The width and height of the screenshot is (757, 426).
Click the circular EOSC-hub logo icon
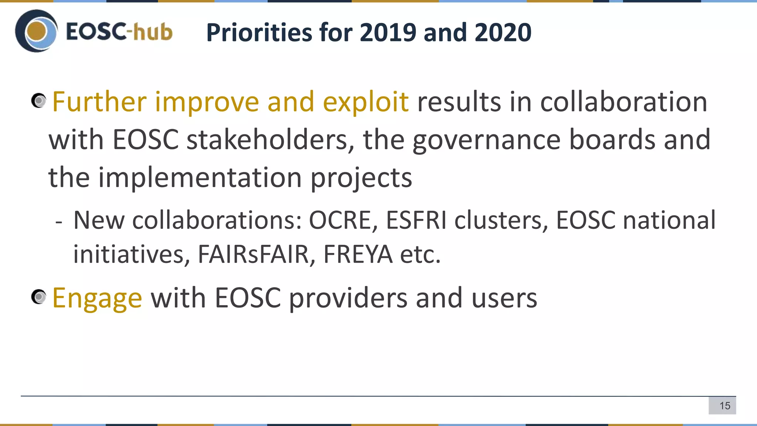(x=36, y=31)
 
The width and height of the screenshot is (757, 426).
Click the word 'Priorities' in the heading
(x=259, y=33)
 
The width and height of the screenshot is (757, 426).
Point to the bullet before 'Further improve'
(x=38, y=101)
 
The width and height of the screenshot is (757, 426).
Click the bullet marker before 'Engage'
(x=38, y=297)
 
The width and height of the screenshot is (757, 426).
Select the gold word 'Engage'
(x=97, y=298)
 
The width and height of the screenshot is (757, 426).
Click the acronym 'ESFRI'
(x=416, y=220)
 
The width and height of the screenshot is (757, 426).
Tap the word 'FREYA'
(x=357, y=254)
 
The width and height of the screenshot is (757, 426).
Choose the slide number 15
(x=725, y=406)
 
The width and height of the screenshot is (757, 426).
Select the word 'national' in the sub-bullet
(x=669, y=220)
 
